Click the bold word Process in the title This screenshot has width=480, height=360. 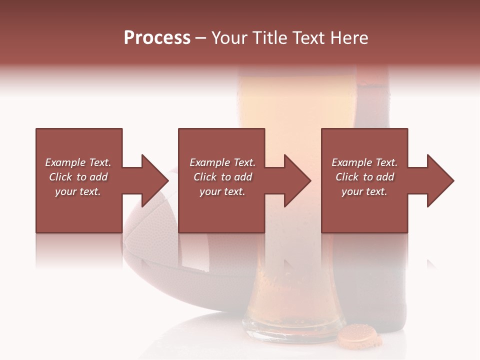click(157, 38)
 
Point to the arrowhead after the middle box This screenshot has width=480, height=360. click(297, 180)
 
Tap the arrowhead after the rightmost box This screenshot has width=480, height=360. click(440, 180)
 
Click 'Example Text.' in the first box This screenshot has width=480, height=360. click(78, 162)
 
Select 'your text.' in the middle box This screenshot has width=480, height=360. click(222, 191)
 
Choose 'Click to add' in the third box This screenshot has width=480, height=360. click(364, 177)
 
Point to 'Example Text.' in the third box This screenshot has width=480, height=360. click(364, 162)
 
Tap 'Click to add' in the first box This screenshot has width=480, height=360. click(78, 177)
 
